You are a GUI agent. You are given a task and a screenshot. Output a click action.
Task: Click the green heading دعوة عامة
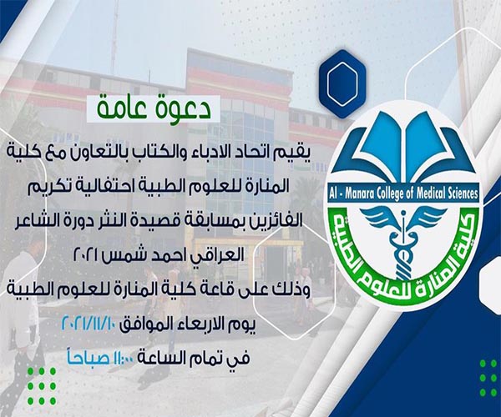tap(154, 108)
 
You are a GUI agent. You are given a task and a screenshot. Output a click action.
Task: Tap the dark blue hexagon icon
tap(342, 84)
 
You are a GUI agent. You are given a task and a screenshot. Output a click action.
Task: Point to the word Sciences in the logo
tap(462, 193)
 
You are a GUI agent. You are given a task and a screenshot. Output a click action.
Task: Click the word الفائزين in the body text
tap(276, 222)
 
